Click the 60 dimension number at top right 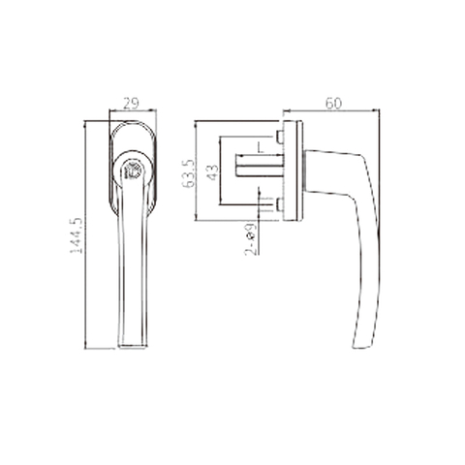[333, 103]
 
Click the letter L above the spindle [260, 148]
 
